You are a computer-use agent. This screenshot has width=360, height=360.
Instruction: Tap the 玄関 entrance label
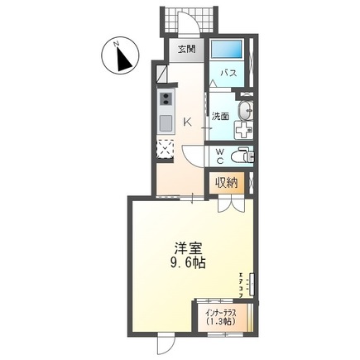point(185,49)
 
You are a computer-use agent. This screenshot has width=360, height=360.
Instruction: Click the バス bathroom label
point(228,74)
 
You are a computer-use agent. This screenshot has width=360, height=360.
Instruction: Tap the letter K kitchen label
point(187,122)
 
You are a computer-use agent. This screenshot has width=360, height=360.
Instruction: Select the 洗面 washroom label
point(219,117)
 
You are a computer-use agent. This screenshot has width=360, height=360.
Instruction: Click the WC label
point(219,156)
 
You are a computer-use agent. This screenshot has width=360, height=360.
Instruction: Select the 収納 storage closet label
point(228,183)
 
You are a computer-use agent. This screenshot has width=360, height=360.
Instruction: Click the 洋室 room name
point(184,247)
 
